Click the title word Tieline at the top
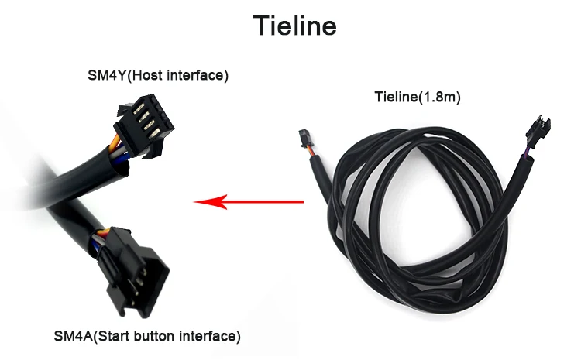point(295,26)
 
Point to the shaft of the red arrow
point(263,203)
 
